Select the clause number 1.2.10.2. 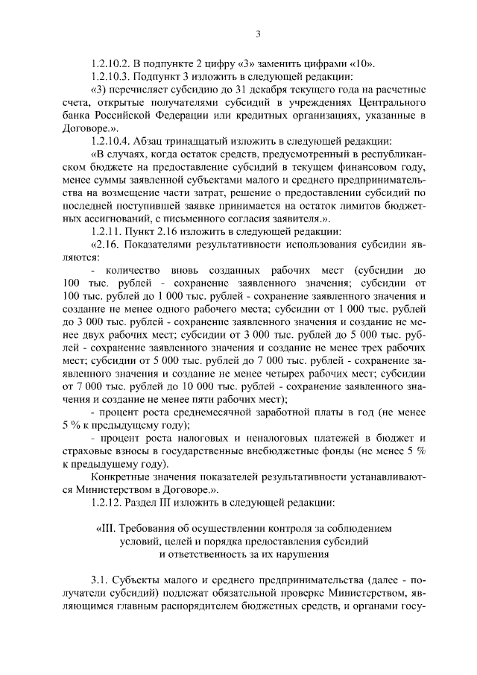coord(110,62)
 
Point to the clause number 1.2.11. coord(107,230)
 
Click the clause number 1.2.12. coord(107,502)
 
